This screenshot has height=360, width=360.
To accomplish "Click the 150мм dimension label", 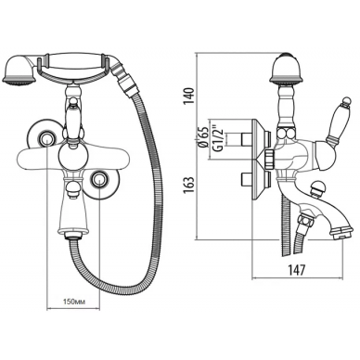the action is [x=73, y=302].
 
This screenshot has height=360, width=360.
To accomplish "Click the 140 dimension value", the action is [x=189, y=96].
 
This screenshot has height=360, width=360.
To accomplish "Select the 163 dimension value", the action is [x=189, y=186].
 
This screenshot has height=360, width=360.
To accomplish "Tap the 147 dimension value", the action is [x=297, y=270].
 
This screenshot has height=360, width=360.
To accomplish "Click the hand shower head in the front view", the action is [x=19, y=71].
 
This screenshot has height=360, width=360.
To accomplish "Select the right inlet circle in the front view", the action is [x=99, y=178].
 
